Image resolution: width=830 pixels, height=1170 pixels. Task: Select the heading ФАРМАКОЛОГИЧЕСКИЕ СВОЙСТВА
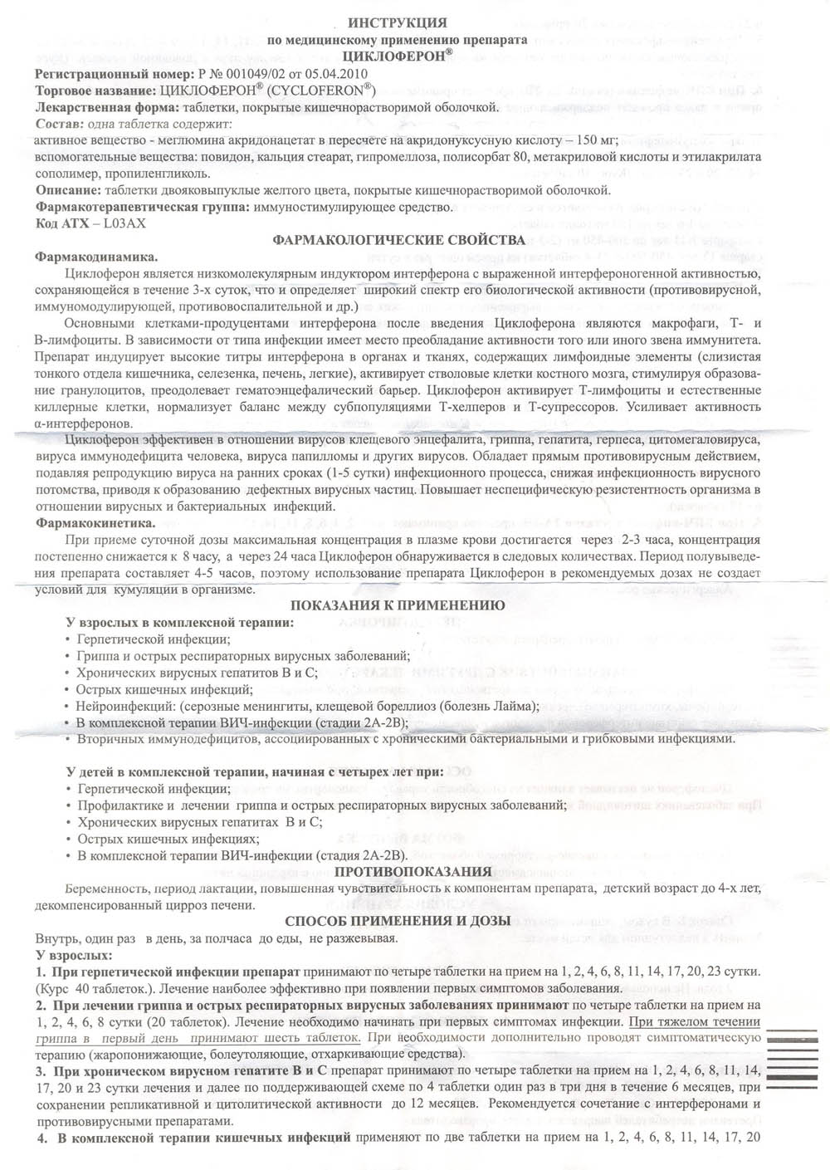point(398,240)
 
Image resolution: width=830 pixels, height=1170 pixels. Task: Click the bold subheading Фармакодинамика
point(96,257)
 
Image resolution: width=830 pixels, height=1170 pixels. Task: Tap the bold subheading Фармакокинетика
point(95,523)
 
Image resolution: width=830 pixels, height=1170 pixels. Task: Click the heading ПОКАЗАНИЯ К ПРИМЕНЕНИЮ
point(398,605)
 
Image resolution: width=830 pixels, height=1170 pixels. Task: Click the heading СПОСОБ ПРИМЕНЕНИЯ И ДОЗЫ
point(398,922)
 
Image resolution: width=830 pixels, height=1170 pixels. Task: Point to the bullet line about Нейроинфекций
point(307,706)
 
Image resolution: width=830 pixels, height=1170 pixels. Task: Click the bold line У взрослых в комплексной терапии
point(179,623)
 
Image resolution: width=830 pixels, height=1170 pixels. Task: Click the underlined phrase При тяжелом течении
point(694,1021)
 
